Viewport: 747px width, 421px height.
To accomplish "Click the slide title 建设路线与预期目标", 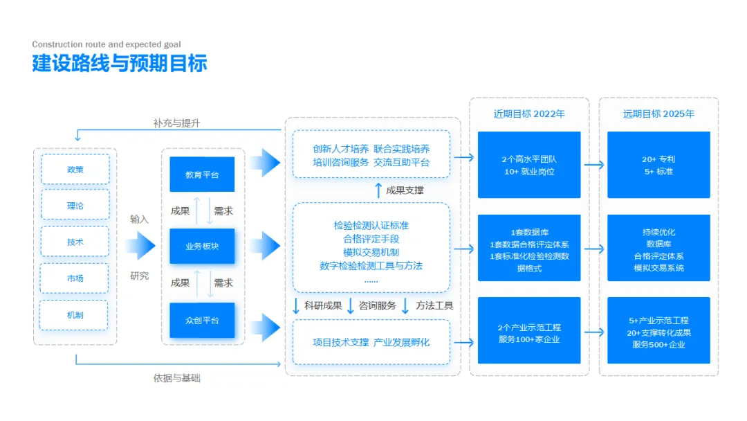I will click(x=120, y=64).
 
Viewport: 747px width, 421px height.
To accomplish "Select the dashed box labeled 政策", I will click(x=75, y=169).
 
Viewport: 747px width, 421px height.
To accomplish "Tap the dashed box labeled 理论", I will click(x=75, y=205).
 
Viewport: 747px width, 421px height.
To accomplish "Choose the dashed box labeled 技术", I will click(x=75, y=242).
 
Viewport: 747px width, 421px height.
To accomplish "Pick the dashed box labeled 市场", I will click(x=75, y=278).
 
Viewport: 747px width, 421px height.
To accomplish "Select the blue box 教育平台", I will click(x=202, y=174).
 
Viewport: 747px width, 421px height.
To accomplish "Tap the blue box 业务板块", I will click(x=202, y=246).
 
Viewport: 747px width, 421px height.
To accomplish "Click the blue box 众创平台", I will click(x=202, y=320).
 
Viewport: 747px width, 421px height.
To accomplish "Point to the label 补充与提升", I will click(x=177, y=123).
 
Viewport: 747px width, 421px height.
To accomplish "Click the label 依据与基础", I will click(x=177, y=378).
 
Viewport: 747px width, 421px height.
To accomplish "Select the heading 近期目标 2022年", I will click(x=529, y=114).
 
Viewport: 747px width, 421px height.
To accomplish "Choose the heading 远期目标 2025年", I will click(x=658, y=114).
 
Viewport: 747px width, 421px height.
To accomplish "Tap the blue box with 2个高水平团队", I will click(x=529, y=165).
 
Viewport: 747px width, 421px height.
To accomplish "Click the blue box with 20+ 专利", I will click(x=658, y=165).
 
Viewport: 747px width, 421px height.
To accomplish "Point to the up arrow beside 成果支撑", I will click(x=378, y=190).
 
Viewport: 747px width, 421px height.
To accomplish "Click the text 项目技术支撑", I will click(x=340, y=342).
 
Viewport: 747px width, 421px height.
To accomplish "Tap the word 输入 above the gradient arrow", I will click(x=140, y=219).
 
